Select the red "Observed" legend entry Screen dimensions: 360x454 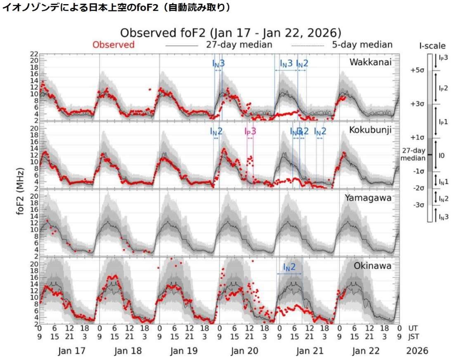click(113, 45)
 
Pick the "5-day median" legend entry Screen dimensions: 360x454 click(362, 45)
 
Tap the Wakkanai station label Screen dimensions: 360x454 click(370, 62)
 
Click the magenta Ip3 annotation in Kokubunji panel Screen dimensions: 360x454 click(250, 131)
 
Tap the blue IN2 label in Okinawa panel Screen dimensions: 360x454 click(289, 267)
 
